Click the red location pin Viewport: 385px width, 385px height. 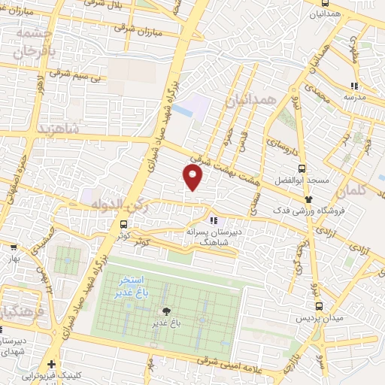[193, 177]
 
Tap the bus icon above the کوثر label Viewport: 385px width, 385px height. [124, 224]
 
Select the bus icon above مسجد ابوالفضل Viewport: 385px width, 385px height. [302, 168]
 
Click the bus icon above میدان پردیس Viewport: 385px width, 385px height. [320, 306]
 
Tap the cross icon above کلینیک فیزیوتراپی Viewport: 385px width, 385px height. [50, 364]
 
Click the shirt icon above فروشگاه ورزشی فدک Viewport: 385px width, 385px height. [308, 199]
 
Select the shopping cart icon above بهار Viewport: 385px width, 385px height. [13, 247]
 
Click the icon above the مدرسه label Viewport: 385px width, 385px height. [353, 85]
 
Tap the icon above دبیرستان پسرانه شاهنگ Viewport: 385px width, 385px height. [214, 220]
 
